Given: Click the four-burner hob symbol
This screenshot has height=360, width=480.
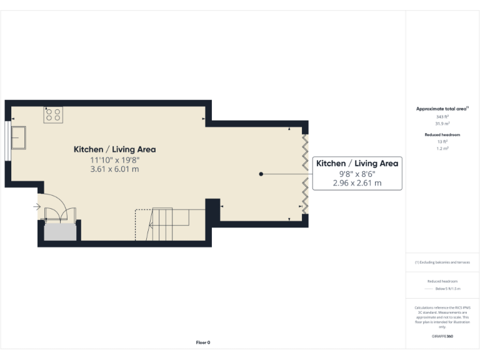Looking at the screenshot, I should [53, 114].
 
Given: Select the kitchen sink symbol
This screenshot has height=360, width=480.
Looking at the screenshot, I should [18, 137].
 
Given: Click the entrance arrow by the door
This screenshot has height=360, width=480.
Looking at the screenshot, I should [37, 206].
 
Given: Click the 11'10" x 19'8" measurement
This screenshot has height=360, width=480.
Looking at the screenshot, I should [114, 160].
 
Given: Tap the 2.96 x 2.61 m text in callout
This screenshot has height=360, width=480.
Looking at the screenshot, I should [357, 184].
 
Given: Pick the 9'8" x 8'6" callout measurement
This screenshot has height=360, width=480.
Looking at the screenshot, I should [357, 174].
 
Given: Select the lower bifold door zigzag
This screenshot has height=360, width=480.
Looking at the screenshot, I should [305, 195].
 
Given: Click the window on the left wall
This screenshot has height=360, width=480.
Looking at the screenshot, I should [7, 137].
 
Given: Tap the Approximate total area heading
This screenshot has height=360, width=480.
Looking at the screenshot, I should [442, 109].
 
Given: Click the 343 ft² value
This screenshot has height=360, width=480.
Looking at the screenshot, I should [442, 117].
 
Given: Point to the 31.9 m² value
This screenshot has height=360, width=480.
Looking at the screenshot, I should [442, 124].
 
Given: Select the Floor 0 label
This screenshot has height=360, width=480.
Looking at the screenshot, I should [203, 342].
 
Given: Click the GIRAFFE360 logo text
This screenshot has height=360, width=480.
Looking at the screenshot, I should [442, 336].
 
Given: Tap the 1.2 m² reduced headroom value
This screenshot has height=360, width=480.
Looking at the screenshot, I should [442, 148].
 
